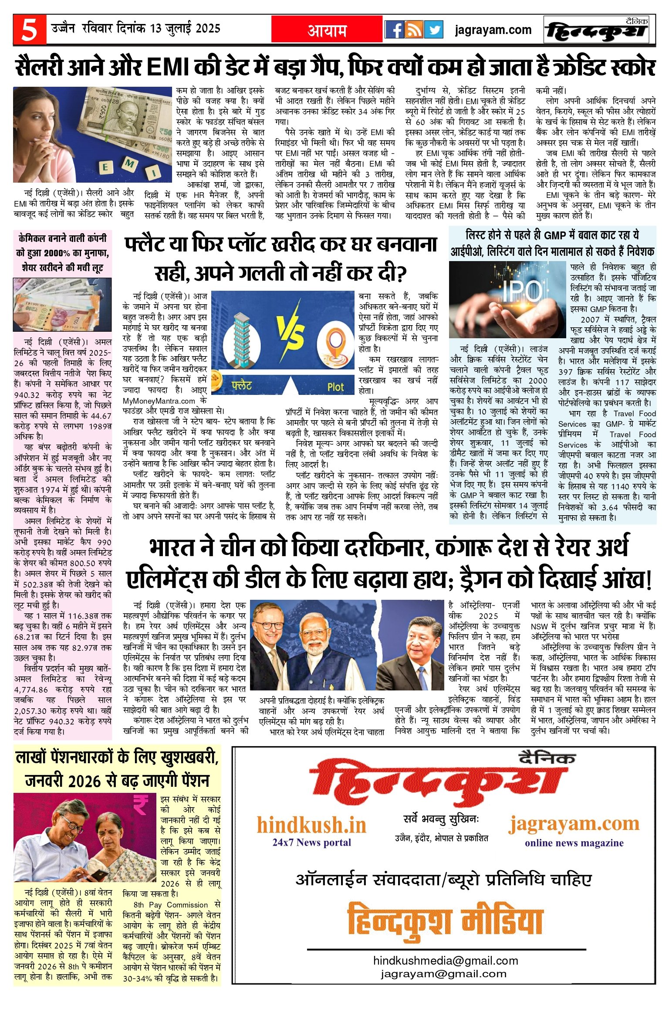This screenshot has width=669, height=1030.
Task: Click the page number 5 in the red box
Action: [29, 30]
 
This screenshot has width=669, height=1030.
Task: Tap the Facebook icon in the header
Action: [395, 30]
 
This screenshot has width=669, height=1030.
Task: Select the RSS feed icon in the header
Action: [414, 30]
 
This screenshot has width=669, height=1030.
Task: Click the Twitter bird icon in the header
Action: [434, 30]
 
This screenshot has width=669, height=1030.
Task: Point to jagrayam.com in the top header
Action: [493, 30]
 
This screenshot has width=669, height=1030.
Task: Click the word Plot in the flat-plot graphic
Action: [335, 387]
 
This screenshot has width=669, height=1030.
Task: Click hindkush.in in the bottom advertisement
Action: [311, 825]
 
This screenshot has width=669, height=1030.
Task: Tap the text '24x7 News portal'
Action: [311, 843]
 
